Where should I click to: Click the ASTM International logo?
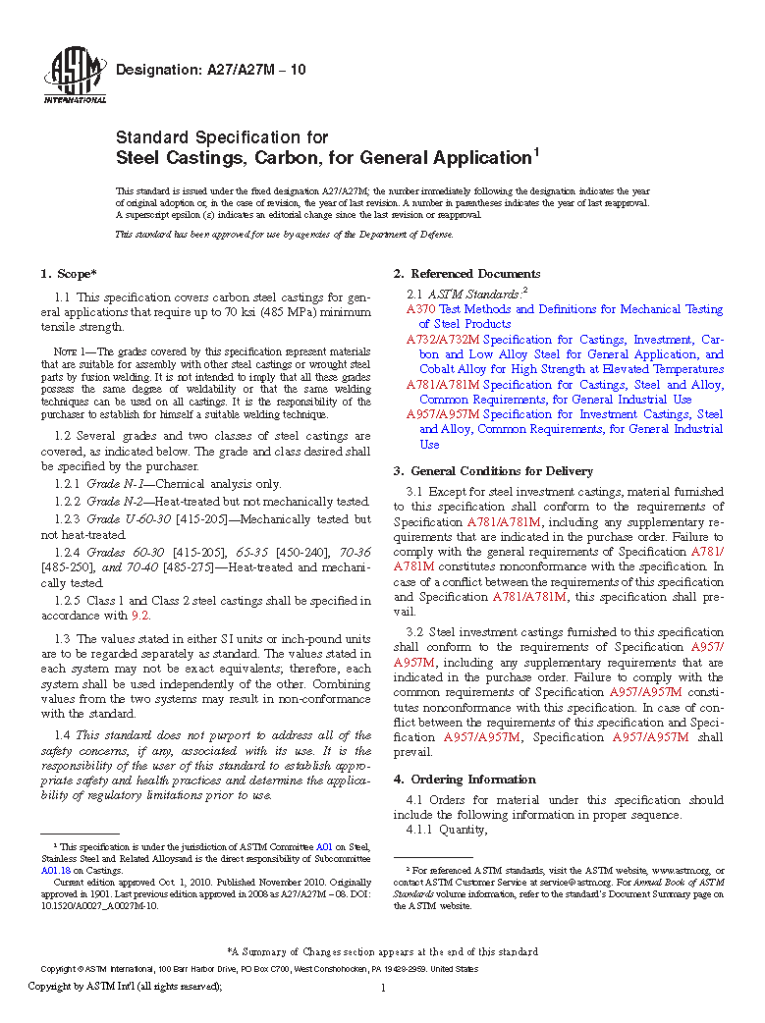[x=75, y=75]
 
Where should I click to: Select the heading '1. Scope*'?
[x=69, y=274]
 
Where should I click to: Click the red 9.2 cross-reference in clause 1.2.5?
[x=140, y=616]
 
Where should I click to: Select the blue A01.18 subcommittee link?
[x=54, y=870]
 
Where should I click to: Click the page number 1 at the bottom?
[x=382, y=989]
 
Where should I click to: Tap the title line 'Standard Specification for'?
[x=222, y=137]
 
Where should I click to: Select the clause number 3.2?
[x=415, y=632]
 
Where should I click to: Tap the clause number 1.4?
[x=63, y=735]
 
